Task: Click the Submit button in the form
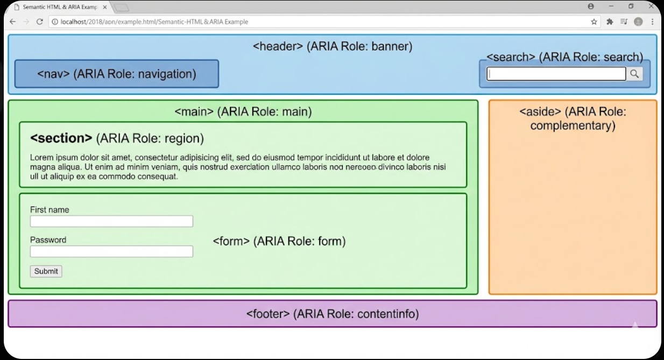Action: click(x=46, y=271)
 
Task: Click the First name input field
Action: click(x=111, y=221)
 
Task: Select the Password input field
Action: click(x=111, y=251)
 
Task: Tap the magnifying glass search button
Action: click(x=634, y=74)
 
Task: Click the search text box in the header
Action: click(x=556, y=74)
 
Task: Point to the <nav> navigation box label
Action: click(x=116, y=74)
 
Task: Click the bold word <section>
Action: click(x=61, y=138)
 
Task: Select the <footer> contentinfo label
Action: click(x=332, y=314)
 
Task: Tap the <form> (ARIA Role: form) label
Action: click(x=279, y=241)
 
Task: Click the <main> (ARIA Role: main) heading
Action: click(x=243, y=112)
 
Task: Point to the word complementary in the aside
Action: click(x=573, y=126)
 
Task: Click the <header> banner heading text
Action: click(x=333, y=46)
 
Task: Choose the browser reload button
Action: click(x=39, y=22)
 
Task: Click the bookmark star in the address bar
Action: click(x=594, y=22)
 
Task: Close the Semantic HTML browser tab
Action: click(x=104, y=7)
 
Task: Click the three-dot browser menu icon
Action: click(x=653, y=22)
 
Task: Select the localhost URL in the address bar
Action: click(x=151, y=22)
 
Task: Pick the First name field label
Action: click(x=50, y=210)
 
